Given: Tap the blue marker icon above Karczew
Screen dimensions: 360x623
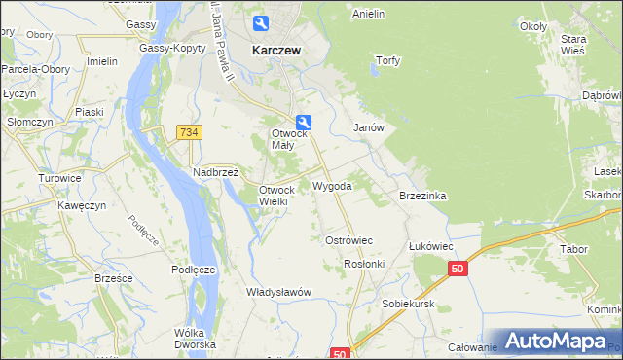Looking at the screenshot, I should tap(262, 23).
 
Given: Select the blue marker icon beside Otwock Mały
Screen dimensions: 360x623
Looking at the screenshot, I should tap(305, 122).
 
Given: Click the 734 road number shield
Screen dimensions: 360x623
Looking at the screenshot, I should tap(189, 131).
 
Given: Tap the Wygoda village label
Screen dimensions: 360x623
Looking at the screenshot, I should tap(332, 185).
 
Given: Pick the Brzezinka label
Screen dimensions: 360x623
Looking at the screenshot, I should tap(422, 196).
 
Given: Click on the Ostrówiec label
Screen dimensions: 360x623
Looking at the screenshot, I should tap(348, 239).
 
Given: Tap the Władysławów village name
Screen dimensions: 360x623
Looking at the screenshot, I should tap(278, 292).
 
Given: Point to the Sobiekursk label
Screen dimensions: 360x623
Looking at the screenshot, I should tap(408, 304).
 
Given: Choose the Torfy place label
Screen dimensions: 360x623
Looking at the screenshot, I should tap(388, 59).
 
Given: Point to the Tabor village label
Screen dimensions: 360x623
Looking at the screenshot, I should tap(574, 249).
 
